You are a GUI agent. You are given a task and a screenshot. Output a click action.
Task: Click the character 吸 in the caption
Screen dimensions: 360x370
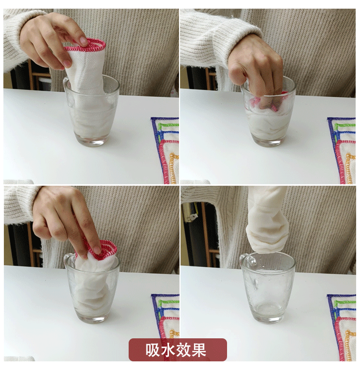click(x=153, y=350)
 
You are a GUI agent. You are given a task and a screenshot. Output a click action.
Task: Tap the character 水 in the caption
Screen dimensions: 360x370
click(x=168, y=350)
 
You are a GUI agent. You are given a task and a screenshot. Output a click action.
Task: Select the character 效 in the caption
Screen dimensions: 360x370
click(x=183, y=350)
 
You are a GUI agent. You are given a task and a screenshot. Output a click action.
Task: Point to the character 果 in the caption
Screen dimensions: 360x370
click(x=199, y=350)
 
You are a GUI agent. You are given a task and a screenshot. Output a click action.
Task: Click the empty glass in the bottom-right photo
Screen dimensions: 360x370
click(x=268, y=287)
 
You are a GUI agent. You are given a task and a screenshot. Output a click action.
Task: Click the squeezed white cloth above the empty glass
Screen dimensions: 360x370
click(x=267, y=219)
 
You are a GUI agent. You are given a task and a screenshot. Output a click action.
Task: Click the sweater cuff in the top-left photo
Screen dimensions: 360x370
click(x=14, y=38)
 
